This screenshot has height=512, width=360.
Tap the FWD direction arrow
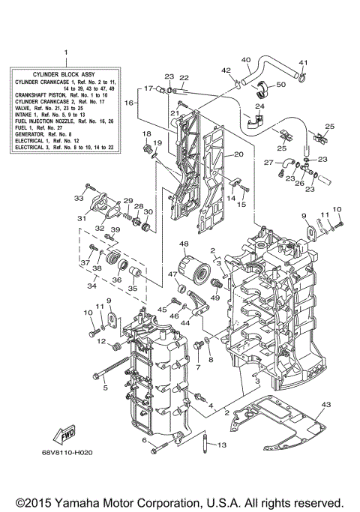tap(64, 437)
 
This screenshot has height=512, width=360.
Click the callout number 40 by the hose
tap(246, 59)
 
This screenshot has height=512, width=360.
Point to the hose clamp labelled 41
tap(303, 75)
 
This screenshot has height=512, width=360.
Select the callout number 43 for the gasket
tap(325, 405)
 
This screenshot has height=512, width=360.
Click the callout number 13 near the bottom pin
tap(221, 445)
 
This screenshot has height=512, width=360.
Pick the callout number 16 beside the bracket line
tap(127, 103)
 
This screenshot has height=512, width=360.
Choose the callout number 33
tap(79, 198)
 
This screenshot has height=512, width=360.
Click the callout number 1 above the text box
tap(65, 52)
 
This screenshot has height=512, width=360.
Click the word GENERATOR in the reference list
tap(28, 132)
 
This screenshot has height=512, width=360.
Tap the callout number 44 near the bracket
tap(183, 323)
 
